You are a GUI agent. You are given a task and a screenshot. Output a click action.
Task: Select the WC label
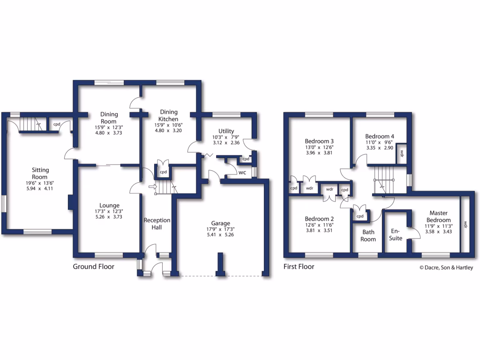click(x=242, y=172)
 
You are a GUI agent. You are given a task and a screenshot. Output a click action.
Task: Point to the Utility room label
click(x=226, y=131)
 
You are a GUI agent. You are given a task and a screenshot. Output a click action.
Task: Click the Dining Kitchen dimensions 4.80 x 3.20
click(x=169, y=132)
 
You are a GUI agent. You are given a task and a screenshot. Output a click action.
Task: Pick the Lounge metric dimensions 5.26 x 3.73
click(x=109, y=217)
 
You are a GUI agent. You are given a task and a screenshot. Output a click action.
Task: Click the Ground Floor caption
click(x=93, y=267)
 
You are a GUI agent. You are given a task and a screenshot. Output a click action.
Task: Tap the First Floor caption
click(x=299, y=267)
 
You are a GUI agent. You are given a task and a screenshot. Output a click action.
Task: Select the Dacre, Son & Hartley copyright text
click(x=446, y=268)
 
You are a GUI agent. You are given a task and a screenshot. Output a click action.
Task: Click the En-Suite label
click(x=397, y=234)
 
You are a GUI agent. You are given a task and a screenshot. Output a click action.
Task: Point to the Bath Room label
click(x=368, y=235)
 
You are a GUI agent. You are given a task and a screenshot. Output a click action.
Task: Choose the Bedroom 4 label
click(x=380, y=136)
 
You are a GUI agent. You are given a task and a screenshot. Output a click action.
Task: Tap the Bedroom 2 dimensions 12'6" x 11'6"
click(x=319, y=225)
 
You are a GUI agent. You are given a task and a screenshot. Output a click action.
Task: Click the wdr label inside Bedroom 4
click(x=402, y=153)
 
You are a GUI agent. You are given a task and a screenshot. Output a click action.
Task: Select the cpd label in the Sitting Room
click(x=57, y=124)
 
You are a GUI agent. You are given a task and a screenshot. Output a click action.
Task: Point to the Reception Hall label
click(x=157, y=224)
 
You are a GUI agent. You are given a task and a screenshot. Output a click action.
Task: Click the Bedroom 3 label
click(x=319, y=141)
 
